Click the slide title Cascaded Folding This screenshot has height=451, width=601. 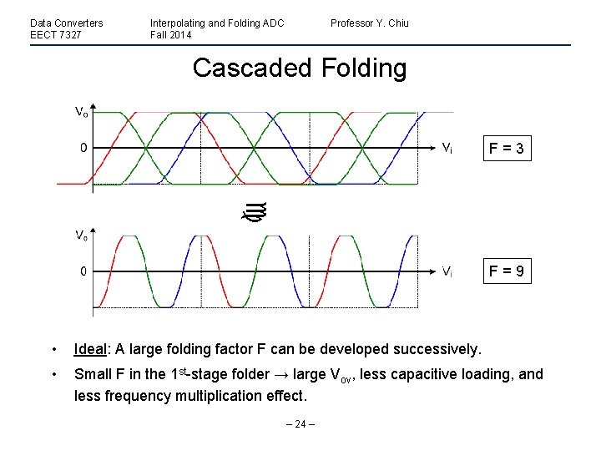click(300, 68)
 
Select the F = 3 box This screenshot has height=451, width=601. click(508, 149)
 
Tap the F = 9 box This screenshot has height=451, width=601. click(508, 271)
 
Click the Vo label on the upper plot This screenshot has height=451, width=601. click(82, 112)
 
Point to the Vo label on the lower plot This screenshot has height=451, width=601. click(82, 236)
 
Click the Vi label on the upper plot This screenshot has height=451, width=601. click(447, 149)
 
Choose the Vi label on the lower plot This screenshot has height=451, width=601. click(447, 271)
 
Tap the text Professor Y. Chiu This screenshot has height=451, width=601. click(369, 23)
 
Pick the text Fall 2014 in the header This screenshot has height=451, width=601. click(171, 35)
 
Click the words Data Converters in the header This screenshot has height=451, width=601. click(67, 23)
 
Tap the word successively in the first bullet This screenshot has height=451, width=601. click(434, 348)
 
